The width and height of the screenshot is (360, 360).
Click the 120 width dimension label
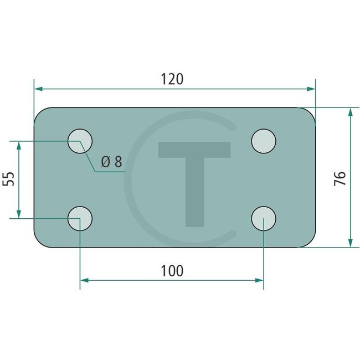click(172, 79)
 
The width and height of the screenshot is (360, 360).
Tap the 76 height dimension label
click(340, 178)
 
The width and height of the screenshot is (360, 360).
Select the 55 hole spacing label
click(8, 179)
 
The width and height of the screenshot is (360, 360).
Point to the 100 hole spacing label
click(172, 271)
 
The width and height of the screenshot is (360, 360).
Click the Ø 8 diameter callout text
click(111, 161)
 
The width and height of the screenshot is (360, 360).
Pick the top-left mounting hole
click(80, 141)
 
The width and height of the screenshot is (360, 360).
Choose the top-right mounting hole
click(264, 141)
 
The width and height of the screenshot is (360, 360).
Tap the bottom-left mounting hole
click(80, 219)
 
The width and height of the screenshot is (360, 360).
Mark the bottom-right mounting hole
click(264, 219)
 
